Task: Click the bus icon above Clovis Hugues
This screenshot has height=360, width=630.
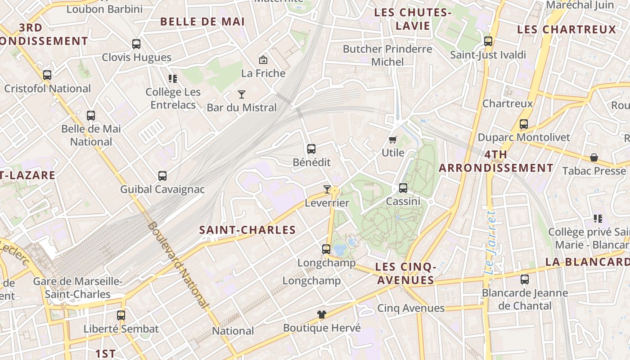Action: [136, 44]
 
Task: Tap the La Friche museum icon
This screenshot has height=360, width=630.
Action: [263, 59]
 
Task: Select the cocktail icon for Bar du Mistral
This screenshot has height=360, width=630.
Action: [242, 94]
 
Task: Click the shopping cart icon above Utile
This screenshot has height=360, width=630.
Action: [393, 139]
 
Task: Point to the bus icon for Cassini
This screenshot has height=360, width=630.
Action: [403, 188]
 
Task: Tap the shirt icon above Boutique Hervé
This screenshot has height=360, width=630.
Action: [321, 315]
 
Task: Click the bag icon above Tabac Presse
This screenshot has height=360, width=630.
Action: [594, 157]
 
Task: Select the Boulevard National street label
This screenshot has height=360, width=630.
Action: [178, 265]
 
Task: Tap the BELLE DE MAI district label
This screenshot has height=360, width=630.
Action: [202, 22]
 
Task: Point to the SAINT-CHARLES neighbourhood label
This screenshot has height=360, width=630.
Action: [247, 230]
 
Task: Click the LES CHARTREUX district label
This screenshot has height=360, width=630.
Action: [567, 30]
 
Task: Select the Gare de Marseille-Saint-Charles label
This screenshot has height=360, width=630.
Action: [72, 288]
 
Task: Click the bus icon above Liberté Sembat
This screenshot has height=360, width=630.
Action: [121, 315]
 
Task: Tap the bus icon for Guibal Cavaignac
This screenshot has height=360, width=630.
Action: [162, 176]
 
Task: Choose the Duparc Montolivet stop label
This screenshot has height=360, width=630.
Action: [524, 137]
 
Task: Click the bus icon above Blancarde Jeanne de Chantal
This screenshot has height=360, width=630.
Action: [525, 279]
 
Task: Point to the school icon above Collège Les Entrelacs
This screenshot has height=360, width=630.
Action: [173, 79]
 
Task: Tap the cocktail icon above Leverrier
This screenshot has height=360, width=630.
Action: [327, 189]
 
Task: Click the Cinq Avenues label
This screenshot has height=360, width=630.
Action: [411, 308]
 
